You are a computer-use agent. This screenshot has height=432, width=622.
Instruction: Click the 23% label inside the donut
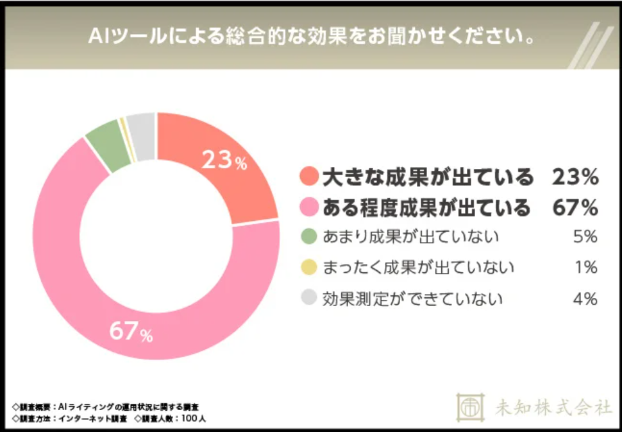224,161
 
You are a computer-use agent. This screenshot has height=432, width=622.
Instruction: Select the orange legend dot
309,176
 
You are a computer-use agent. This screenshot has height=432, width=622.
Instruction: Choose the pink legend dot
309,207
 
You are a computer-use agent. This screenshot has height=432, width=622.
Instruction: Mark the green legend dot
308,237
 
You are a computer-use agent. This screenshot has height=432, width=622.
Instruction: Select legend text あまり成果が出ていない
410,237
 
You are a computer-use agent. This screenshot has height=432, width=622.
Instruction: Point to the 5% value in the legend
585,237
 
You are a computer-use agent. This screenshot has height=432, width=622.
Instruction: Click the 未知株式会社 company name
553,406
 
